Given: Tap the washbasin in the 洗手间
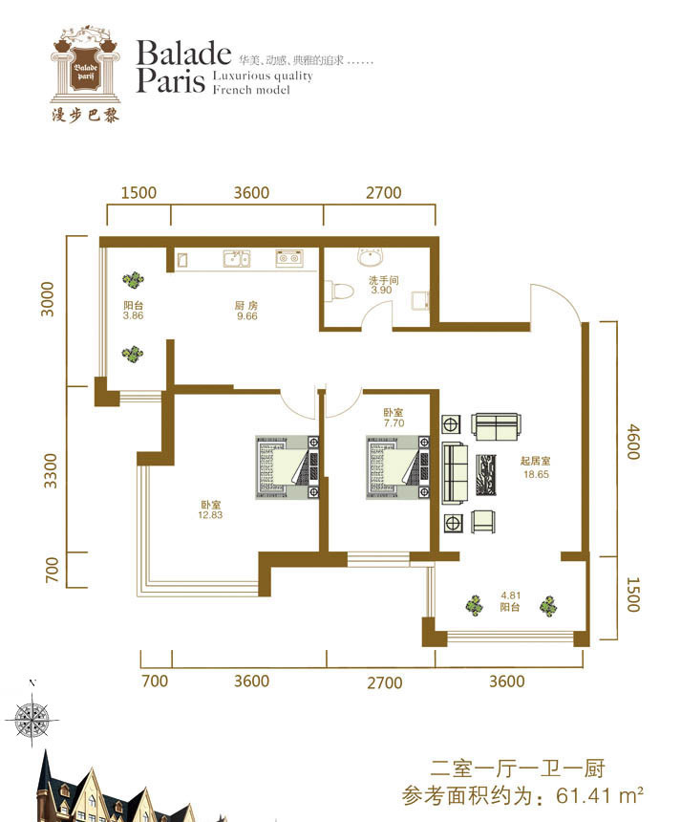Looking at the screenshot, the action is [x=372, y=257].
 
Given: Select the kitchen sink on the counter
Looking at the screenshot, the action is [x=236, y=258].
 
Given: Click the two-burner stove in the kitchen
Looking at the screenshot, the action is [x=288, y=258].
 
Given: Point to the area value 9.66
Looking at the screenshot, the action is [x=246, y=316].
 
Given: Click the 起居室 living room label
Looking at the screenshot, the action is [x=536, y=461].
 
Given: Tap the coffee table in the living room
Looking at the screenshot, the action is [x=485, y=475].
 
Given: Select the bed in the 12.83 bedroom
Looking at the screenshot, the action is [x=287, y=467].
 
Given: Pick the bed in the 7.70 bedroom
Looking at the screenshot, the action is [x=397, y=467].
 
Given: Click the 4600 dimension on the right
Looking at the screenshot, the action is [x=633, y=442].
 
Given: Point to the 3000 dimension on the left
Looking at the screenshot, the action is [x=48, y=299].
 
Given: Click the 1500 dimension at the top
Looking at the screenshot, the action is [x=138, y=192].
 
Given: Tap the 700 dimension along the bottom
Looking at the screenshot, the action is [x=155, y=681].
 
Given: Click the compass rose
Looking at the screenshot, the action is [x=32, y=718].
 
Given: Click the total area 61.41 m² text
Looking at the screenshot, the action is [x=600, y=796].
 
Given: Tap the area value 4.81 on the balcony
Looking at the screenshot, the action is [x=510, y=595].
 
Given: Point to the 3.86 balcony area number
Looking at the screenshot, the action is [x=133, y=315].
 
